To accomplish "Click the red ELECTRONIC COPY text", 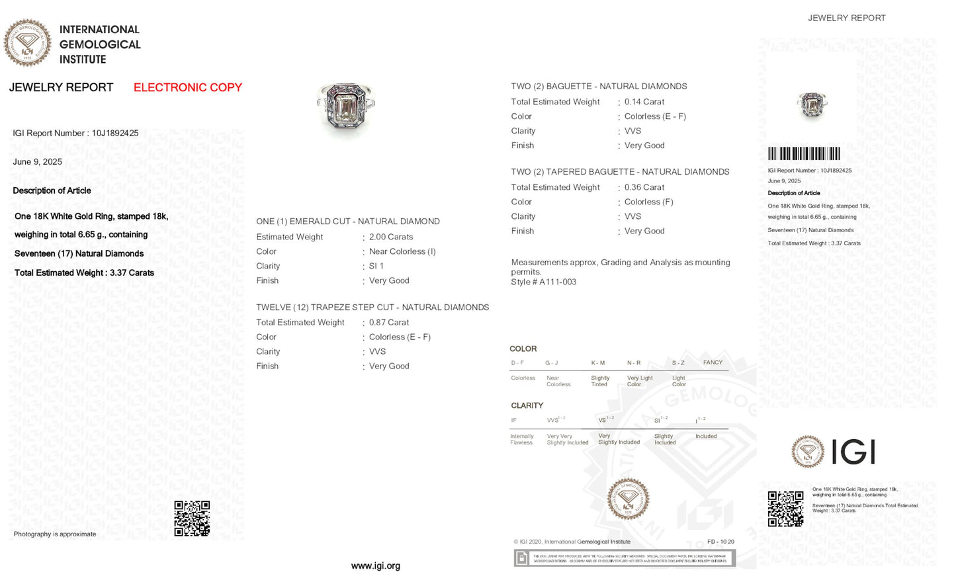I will pyautogui.click(x=187, y=87).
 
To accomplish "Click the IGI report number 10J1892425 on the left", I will pyautogui.click(x=75, y=133).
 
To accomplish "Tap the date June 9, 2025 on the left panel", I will pyautogui.click(x=38, y=162).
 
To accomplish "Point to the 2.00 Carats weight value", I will pyautogui.click(x=390, y=237).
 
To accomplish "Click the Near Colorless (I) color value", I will pyautogui.click(x=402, y=251).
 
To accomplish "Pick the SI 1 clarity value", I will pyautogui.click(x=376, y=266).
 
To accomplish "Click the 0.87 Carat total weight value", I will pyautogui.click(x=388, y=323).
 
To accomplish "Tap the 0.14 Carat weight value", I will pyautogui.click(x=644, y=102).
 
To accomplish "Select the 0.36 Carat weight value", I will pyautogui.click(x=644, y=187).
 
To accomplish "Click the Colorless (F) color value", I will pyautogui.click(x=648, y=202).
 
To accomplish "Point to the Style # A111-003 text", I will pyautogui.click(x=543, y=282).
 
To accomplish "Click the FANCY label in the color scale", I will pyautogui.click(x=713, y=362).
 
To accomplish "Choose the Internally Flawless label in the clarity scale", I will pyautogui.click(x=521, y=439).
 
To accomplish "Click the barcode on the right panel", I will pyautogui.click(x=804, y=153).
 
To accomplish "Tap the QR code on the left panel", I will pyautogui.click(x=192, y=518).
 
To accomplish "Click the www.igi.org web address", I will pyautogui.click(x=375, y=566).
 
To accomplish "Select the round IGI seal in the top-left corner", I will pyautogui.click(x=27, y=43).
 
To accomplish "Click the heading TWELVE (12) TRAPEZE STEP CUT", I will pyautogui.click(x=372, y=308).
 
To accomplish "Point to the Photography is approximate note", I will pyautogui.click(x=55, y=534).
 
